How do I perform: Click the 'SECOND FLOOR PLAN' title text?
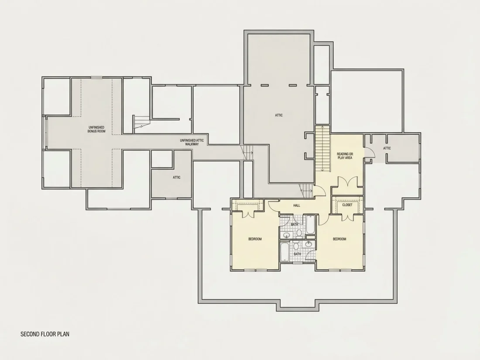tap(45, 334)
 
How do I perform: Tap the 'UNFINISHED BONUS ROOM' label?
tap(96, 129)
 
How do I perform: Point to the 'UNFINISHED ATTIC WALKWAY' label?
tap(192, 142)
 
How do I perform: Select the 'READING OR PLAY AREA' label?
tap(345, 156)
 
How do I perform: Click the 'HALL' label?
tap(296, 206)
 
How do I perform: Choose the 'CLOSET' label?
tap(347, 205)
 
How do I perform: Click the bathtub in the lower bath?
tap(285, 252)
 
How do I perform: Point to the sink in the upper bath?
tap(287, 235)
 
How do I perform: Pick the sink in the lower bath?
tap(309, 244)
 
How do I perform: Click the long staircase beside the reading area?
tap(322, 149)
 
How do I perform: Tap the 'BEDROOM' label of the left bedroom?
tap(255, 239)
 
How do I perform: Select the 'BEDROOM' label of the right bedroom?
tap(339, 239)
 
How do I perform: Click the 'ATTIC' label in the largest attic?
tap(278, 115)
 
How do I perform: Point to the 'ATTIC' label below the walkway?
tap(177, 177)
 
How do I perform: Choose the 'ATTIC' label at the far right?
tap(387, 148)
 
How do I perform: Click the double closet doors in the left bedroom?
tap(247, 214)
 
